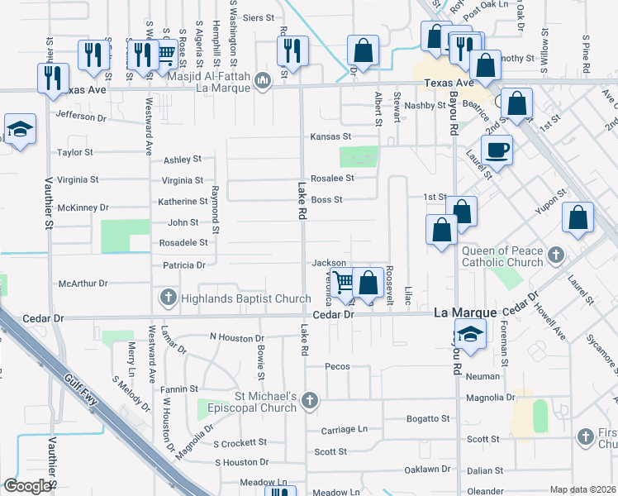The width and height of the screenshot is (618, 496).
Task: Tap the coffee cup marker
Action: tap(497, 151)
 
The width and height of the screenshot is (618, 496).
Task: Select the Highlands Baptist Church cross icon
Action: tap(169, 297)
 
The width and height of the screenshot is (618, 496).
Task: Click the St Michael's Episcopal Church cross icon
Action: tap(309, 401)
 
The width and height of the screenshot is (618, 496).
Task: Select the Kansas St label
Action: tap(330, 136)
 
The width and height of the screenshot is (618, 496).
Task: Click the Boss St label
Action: tap(326, 199)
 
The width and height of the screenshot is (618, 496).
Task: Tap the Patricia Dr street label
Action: tap(183, 265)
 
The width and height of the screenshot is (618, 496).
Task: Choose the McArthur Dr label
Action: tap(83, 284)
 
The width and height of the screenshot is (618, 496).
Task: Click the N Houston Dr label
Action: tap(236, 337)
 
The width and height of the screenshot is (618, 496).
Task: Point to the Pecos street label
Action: tap(337, 366)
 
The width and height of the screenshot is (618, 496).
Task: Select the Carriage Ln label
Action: tap(338, 430)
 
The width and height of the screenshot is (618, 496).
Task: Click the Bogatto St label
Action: tap(427, 419)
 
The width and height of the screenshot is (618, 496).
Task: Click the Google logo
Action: tap(27, 486)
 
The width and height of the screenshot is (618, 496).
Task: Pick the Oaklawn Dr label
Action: tap(427, 470)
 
